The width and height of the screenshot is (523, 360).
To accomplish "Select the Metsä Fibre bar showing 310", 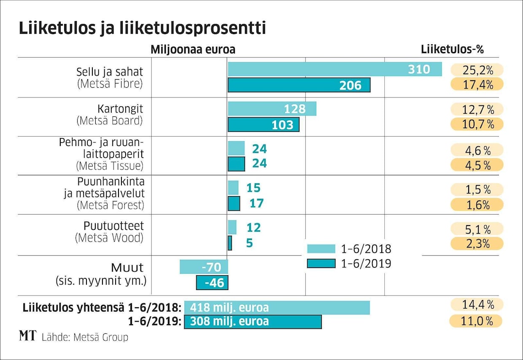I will pos(334,69).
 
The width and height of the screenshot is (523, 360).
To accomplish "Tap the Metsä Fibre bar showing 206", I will pos(299,85).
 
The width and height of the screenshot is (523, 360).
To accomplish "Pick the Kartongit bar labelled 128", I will pos(272,109).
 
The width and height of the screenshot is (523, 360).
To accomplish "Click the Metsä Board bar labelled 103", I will pos(263,124).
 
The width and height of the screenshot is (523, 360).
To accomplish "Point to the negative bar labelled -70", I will pos(204,267).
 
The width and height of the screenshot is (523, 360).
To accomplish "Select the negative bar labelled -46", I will pos(212,282).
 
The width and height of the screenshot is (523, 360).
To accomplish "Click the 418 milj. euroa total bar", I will pos(277,307).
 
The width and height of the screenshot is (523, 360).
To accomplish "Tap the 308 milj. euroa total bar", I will pos(253,321).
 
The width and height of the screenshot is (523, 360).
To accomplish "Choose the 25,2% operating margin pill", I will pos(477,70).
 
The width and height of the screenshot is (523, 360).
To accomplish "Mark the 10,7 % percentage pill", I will pos(477,124).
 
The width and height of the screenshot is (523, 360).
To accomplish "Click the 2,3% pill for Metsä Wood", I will pos(477,244).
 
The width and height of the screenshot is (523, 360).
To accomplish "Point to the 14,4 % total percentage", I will pos(477,304).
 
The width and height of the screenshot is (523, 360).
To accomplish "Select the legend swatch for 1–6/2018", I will pos(321,248).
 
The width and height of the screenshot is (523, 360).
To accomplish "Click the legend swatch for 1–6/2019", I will pos(321,263).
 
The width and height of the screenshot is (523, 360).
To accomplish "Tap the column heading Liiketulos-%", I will pos(452,49).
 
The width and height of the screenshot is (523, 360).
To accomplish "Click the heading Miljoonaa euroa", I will pos(193,49).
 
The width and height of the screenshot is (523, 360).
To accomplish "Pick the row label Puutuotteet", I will pos(113,225).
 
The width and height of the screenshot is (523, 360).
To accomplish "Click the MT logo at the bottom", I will pos(28,336).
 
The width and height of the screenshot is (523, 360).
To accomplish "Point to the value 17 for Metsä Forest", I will pos(256,203).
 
